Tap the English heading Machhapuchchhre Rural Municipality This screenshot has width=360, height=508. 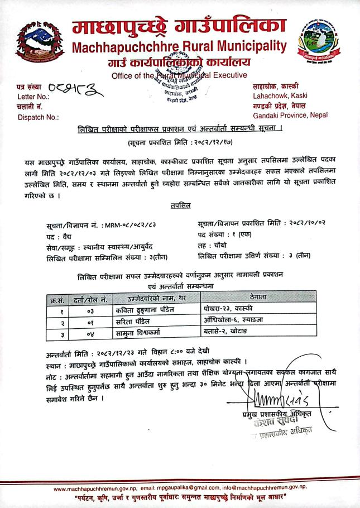180,47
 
